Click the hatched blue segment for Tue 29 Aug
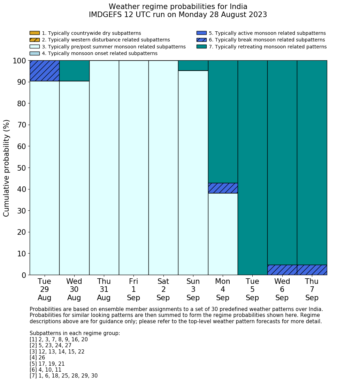pos(44,71)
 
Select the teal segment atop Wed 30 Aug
pos(74,71)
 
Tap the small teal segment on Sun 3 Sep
pos(193,65)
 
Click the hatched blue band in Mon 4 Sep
pos(223,188)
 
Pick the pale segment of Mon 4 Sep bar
pos(223,234)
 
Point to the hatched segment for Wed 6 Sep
pos(282,270)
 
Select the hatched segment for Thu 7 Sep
pos(312,270)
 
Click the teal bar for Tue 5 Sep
pos(252,168)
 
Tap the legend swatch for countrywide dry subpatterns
pos(35,33)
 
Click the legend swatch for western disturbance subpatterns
pos(35,40)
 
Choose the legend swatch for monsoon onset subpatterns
pos(35,53)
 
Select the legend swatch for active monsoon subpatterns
pos(201,33)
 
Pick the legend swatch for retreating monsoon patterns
pos(201,47)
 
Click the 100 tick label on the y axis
pos(20,61)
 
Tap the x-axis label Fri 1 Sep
pos(133,289)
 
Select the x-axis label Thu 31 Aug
pos(104,289)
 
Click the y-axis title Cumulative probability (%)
pos(7,168)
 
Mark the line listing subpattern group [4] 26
pos(37,358)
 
